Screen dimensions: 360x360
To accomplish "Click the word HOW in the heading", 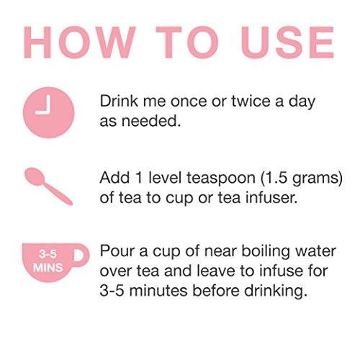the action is pos(80,42).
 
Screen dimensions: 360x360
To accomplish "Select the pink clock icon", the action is pos(49,112).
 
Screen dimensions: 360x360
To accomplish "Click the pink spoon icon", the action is pos(48,186).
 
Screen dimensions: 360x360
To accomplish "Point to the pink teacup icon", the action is pos(55,262).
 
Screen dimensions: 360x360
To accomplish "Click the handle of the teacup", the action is pos(82,255).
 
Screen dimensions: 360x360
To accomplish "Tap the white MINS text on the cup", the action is pos(48,268).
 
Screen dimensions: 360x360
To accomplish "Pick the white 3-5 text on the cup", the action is pos(48,254).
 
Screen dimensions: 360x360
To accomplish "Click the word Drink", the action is pos(119,101).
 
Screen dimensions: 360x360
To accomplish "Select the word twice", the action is pos(251,101).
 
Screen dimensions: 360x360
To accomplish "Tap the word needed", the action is pos(151,121).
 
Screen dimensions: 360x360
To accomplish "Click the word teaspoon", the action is pos(221,179).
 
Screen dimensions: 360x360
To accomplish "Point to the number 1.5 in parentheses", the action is pos(276,178).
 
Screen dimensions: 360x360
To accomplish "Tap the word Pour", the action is pos(117,251).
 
